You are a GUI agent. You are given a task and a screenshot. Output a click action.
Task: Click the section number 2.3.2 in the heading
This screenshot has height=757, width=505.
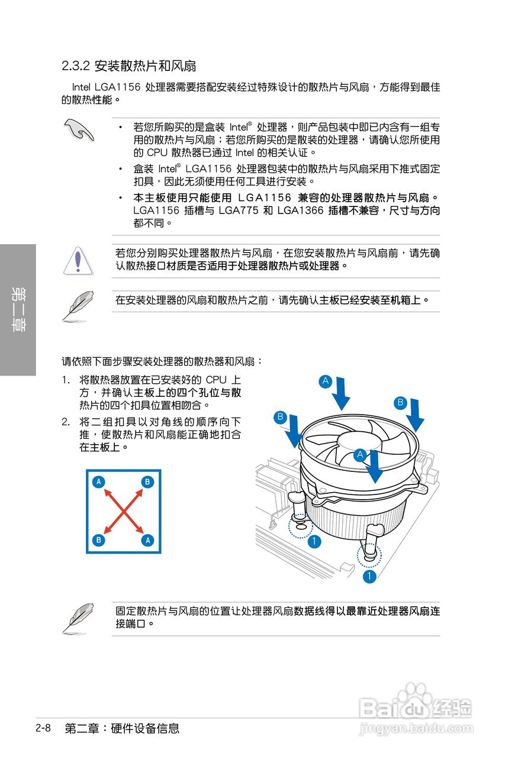pyautogui.click(x=76, y=66)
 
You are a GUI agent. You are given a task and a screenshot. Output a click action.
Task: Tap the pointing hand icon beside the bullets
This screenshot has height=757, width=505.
pyautogui.click(x=79, y=130)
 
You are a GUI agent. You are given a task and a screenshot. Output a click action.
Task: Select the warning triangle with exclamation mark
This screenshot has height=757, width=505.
pyautogui.click(x=78, y=261)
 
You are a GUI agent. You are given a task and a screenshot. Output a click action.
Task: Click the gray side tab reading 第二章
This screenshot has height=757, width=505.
pyautogui.click(x=18, y=309)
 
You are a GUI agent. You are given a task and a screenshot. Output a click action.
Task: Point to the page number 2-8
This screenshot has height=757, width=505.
pyautogui.click(x=43, y=727)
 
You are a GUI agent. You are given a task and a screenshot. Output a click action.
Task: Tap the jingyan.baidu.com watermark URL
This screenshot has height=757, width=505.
pyautogui.click(x=416, y=727)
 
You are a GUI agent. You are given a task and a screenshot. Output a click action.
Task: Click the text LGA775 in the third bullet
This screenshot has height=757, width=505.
pyautogui.click(x=238, y=210)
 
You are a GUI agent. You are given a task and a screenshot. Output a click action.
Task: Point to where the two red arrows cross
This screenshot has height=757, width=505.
pyautogui.click(x=124, y=512)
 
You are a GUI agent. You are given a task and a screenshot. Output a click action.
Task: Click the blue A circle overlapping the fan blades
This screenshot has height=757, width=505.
pyautogui.click(x=360, y=455)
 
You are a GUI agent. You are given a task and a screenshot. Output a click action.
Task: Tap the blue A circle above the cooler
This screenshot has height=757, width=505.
pyautogui.click(x=326, y=381)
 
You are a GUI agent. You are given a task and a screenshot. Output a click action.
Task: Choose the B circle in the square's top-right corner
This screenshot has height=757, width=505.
pyautogui.click(x=147, y=481)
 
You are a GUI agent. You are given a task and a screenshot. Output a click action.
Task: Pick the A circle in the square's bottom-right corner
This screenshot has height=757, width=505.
pyautogui.click(x=147, y=541)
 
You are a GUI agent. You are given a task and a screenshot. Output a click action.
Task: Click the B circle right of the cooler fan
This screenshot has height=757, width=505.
pyautogui.click(x=400, y=403)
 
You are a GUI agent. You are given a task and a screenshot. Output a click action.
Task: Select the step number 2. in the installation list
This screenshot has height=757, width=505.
pyautogui.click(x=66, y=422)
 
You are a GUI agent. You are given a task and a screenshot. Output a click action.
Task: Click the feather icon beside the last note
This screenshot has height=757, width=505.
pyautogui.click(x=78, y=618)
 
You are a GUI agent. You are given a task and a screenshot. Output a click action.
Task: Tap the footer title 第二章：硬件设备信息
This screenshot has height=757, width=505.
pyautogui.click(x=122, y=728)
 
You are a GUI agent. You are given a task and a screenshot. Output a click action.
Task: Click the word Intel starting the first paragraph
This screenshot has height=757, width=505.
pyautogui.click(x=81, y=87)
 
